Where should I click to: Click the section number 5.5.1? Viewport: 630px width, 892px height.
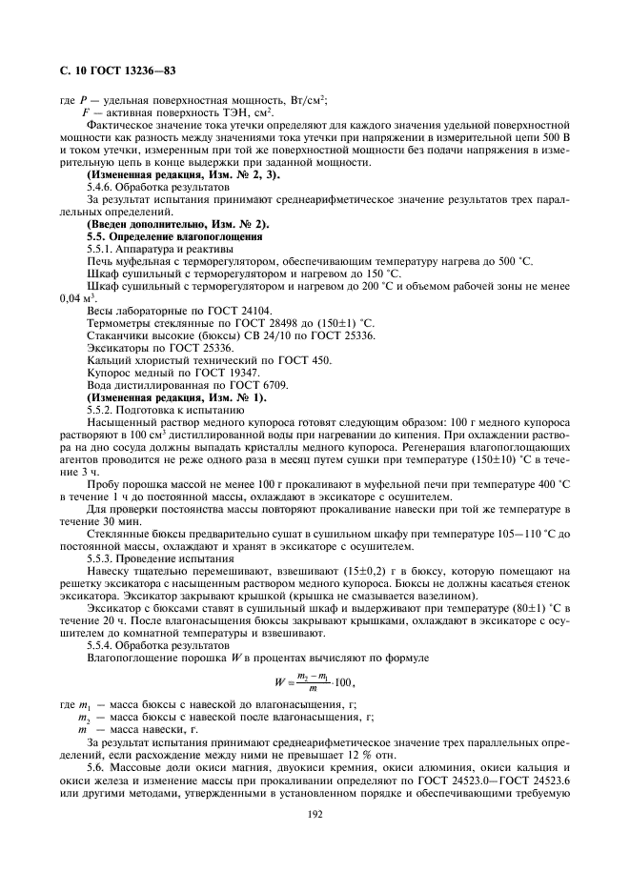tap(103, 247)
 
